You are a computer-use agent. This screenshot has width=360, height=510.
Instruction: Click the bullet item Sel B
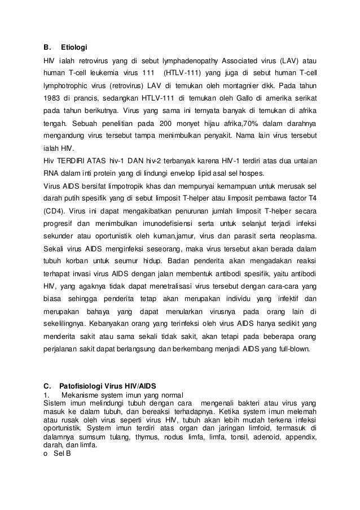click(x=56, y=454)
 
